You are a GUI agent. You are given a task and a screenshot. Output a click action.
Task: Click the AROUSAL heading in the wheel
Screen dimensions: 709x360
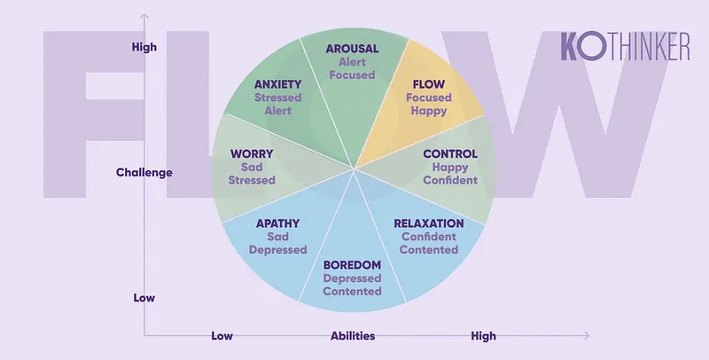[x=352, y=49]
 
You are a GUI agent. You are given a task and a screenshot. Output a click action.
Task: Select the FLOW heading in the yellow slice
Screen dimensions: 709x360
[x=429, y=84]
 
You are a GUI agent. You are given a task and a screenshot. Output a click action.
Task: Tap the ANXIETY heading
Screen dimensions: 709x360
[x=277, y=84]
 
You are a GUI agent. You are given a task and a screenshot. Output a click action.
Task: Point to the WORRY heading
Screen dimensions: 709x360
[x=252, y=153]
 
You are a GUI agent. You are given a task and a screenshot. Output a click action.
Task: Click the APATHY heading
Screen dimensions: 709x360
[x=277, y=223]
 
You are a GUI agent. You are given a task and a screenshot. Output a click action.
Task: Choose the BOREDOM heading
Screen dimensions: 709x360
[x=352, y=265]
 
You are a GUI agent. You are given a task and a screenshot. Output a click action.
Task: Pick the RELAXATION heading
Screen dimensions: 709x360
[x=429, y=223]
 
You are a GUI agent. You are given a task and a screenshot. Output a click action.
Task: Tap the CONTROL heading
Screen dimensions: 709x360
[x=450, y=153]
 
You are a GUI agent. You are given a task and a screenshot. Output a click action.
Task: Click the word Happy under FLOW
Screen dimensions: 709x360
[x=429, y=111]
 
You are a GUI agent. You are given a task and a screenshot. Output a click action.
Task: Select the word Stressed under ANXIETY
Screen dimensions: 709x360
[x=277, y=98]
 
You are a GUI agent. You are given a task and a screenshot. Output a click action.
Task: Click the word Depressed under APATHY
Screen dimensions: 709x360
[x=277, y=250]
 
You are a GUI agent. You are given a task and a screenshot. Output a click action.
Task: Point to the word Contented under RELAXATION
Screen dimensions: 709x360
[x=429, y=250]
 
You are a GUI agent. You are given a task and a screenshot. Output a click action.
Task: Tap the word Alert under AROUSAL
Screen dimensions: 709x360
[x=352, y=61]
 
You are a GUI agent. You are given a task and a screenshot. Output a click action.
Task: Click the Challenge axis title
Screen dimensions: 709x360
[x=144, y=172]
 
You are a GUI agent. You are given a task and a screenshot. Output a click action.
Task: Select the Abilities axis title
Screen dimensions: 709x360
[x=353, y=336]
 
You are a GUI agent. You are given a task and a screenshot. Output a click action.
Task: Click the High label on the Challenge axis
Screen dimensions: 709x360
[x=144, y=47]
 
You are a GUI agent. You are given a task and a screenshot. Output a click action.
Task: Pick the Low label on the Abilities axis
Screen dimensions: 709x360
[x=222, y=336]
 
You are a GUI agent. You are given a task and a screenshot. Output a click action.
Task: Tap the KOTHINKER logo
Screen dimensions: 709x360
[x=626, y=46]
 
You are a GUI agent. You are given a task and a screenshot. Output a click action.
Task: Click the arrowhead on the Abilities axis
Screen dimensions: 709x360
[x=587, y=335]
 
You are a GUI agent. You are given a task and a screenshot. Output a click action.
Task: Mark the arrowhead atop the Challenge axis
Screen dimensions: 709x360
[x=144, y=17]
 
